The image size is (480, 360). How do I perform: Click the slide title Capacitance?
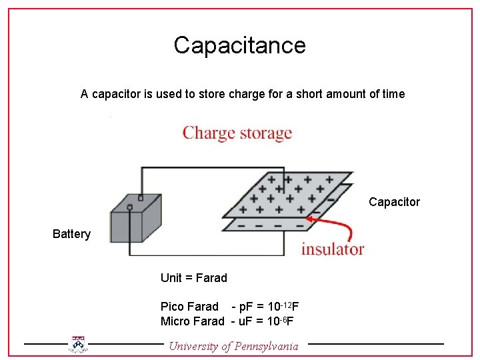pos(239,45)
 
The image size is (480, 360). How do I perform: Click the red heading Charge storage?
pos(237,133)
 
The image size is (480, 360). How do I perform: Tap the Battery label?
pos(71,234)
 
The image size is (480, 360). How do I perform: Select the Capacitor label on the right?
pos(394,202)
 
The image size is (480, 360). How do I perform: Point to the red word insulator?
pos(333,249)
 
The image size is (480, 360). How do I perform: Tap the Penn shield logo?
pos(79,344)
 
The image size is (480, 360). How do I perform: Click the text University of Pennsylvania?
pos(234,345)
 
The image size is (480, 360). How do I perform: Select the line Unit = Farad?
pos(193,278)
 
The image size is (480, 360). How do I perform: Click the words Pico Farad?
pos(189,307)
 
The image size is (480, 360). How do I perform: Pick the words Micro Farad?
pos(192,321)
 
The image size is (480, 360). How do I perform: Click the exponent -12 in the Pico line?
pos(284,303)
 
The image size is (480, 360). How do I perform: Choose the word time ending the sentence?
pos(393,94)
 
